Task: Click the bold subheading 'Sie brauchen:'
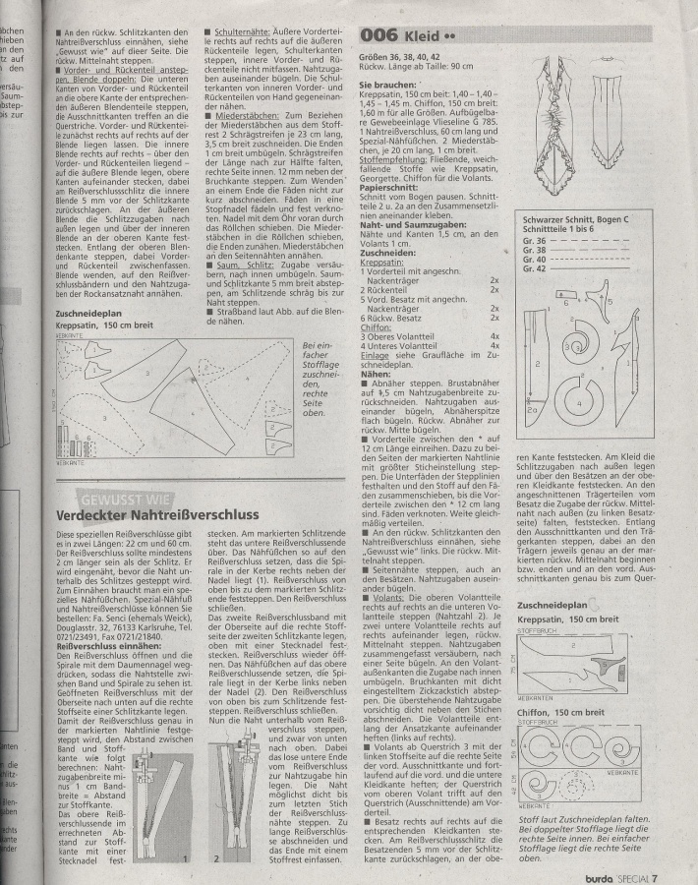(x=389, y=87)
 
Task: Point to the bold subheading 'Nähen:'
(x=377, y=374)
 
